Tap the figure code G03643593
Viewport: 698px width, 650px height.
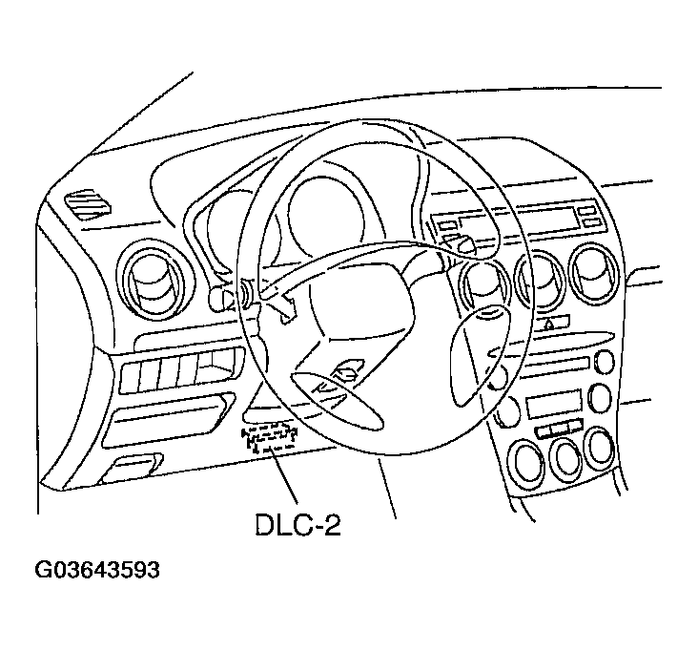(97, 572)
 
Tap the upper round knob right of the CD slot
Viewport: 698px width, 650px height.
(604, 362)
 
